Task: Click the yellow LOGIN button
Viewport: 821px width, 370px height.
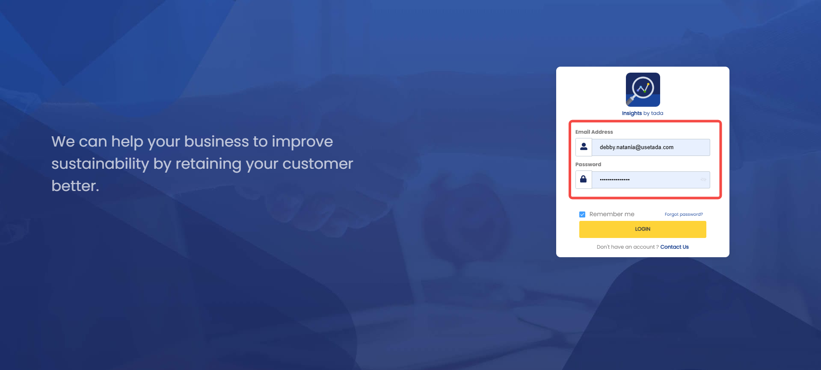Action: (x=643, y=229)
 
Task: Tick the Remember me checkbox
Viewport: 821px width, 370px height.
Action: (x=582, y=214)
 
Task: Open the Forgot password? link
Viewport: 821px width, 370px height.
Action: (x=684, y=214)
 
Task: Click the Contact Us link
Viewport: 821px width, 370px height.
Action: (x=674, y=247)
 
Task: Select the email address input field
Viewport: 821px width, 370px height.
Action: (x=651, y=147)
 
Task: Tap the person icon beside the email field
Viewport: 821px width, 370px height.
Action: (x=584, y=147)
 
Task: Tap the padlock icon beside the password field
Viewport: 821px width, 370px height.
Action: (x=583, y=179)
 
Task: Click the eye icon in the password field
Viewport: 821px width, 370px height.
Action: (x=703, y=180)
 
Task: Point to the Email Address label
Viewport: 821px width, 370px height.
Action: (x=594, y=132)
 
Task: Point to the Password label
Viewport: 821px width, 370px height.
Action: (x=588, y=164)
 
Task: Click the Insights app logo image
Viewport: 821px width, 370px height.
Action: (x=643, y=90)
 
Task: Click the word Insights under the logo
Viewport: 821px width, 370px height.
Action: (x=632, y=113)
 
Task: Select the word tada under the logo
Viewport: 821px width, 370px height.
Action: (x=657, y=113)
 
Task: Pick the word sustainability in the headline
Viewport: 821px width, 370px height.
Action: (x=100, y=164)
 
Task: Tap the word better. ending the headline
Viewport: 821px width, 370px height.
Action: (x=75, y=186)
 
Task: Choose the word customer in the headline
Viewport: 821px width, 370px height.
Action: (x=318, y=164)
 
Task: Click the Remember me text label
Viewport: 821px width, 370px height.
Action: (x=612, y=214)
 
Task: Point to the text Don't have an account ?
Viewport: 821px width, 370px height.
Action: (x=628, y=247)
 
